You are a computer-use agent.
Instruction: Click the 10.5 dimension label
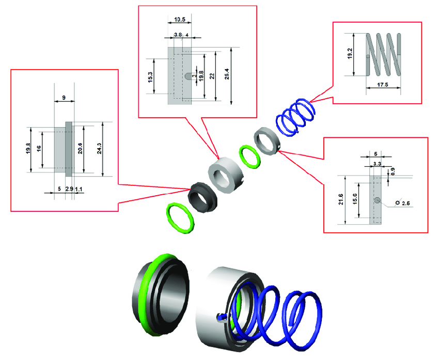pyautogui.click(x=179, y=20)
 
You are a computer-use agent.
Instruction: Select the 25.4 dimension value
pyautogui.click(x=227, y=74)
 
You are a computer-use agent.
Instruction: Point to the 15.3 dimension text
pyautogui.click(x=150, y=77)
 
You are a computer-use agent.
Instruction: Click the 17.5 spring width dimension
pyautogui.click(x=382, y=85)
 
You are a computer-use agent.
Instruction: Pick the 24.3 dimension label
pyautogui.click(x=99, y=148)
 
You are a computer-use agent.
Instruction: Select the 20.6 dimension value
pyautogui.click(x=80, y=148)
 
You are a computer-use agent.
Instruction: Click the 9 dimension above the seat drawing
pyautogui.click(x=64, y=98)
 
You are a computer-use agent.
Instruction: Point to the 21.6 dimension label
pyautogui.click(x=341, y=199)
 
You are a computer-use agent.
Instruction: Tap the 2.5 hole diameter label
pyautogui.click(x=405, y=203)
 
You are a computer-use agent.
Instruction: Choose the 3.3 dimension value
pyautogui.click(x=378, y=164)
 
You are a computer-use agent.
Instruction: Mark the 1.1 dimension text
pyautogui.click(x=79, y=189)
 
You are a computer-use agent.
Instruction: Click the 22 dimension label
pyautogui.click(x=212, y=76)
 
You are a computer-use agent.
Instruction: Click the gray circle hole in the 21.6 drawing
pyautogui.click(x=378, y=200)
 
